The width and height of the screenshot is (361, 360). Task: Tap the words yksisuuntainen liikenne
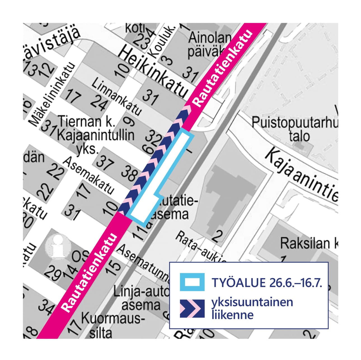[x=252, y=308]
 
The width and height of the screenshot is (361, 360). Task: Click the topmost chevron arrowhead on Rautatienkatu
[x=187, y=108]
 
